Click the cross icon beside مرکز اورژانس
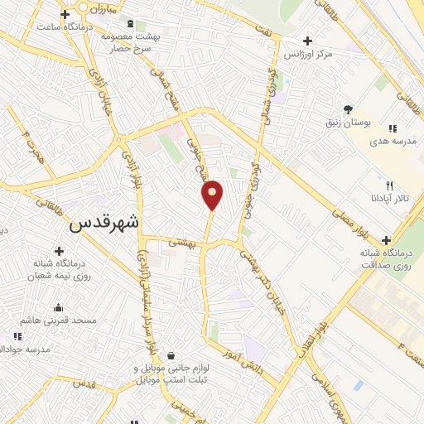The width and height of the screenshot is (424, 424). click(x=307, y=40)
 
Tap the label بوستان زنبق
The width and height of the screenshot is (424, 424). click(x=347, y=123)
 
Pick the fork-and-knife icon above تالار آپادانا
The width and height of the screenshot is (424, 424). click(x=389, y=185)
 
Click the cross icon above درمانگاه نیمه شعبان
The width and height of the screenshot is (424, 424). click(x=59, y=250)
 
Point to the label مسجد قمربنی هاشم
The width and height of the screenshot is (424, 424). click(x=59, y=320)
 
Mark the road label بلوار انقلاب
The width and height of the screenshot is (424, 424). click(x=313, y=327)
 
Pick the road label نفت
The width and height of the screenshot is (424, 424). click(x=263, y=31)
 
